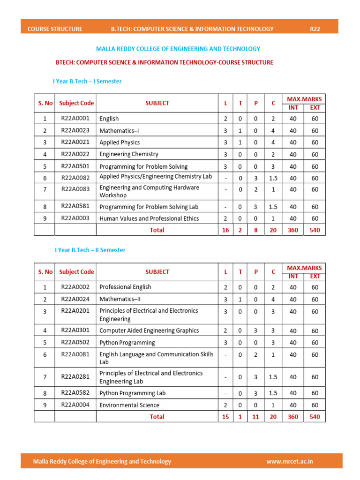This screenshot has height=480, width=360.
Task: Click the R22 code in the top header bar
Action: pyautogui.click(x=315, y=29)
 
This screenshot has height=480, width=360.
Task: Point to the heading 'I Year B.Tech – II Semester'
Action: pyautogui.click(x=90, y=250)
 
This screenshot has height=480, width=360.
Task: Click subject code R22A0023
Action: pyautogui.click(x=75, y=130)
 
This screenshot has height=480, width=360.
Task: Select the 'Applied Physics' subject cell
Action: pyautogui.click(x=120, y=142)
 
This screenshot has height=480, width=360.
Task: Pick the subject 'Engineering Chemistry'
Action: pyautogui.click(x=129, y=154)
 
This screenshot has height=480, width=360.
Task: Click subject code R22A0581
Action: pyautogui.click(x=75, y=206)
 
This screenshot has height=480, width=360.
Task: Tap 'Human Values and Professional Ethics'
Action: pyautogui.click(x=149, y=218)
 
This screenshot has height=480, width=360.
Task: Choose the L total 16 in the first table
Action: pyautogui.click(x=225, y=230)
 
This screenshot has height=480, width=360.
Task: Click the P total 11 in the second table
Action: pyautogui.click(x=255, y=417)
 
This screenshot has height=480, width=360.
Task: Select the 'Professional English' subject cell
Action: pyautogui.click(x=125, y=287)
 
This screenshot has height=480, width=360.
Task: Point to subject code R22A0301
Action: pyautogui.click(x=75, y=330)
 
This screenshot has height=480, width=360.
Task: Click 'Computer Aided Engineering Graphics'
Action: pyautogui.click(x=149, y=330)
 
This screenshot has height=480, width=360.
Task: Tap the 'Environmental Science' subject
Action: pyautogui.click(x=129, y=405)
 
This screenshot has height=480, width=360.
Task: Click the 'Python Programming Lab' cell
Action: pyautogui.click(x=132, y=393)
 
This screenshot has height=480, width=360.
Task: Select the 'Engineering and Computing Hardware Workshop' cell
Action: pyautogui.click(x=149, y=191)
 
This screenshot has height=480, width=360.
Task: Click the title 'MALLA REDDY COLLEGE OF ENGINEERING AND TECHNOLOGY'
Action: pyautogui.click(x=178, y=49)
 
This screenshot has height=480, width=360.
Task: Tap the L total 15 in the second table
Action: pyautogui.click(x=225, y=417)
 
